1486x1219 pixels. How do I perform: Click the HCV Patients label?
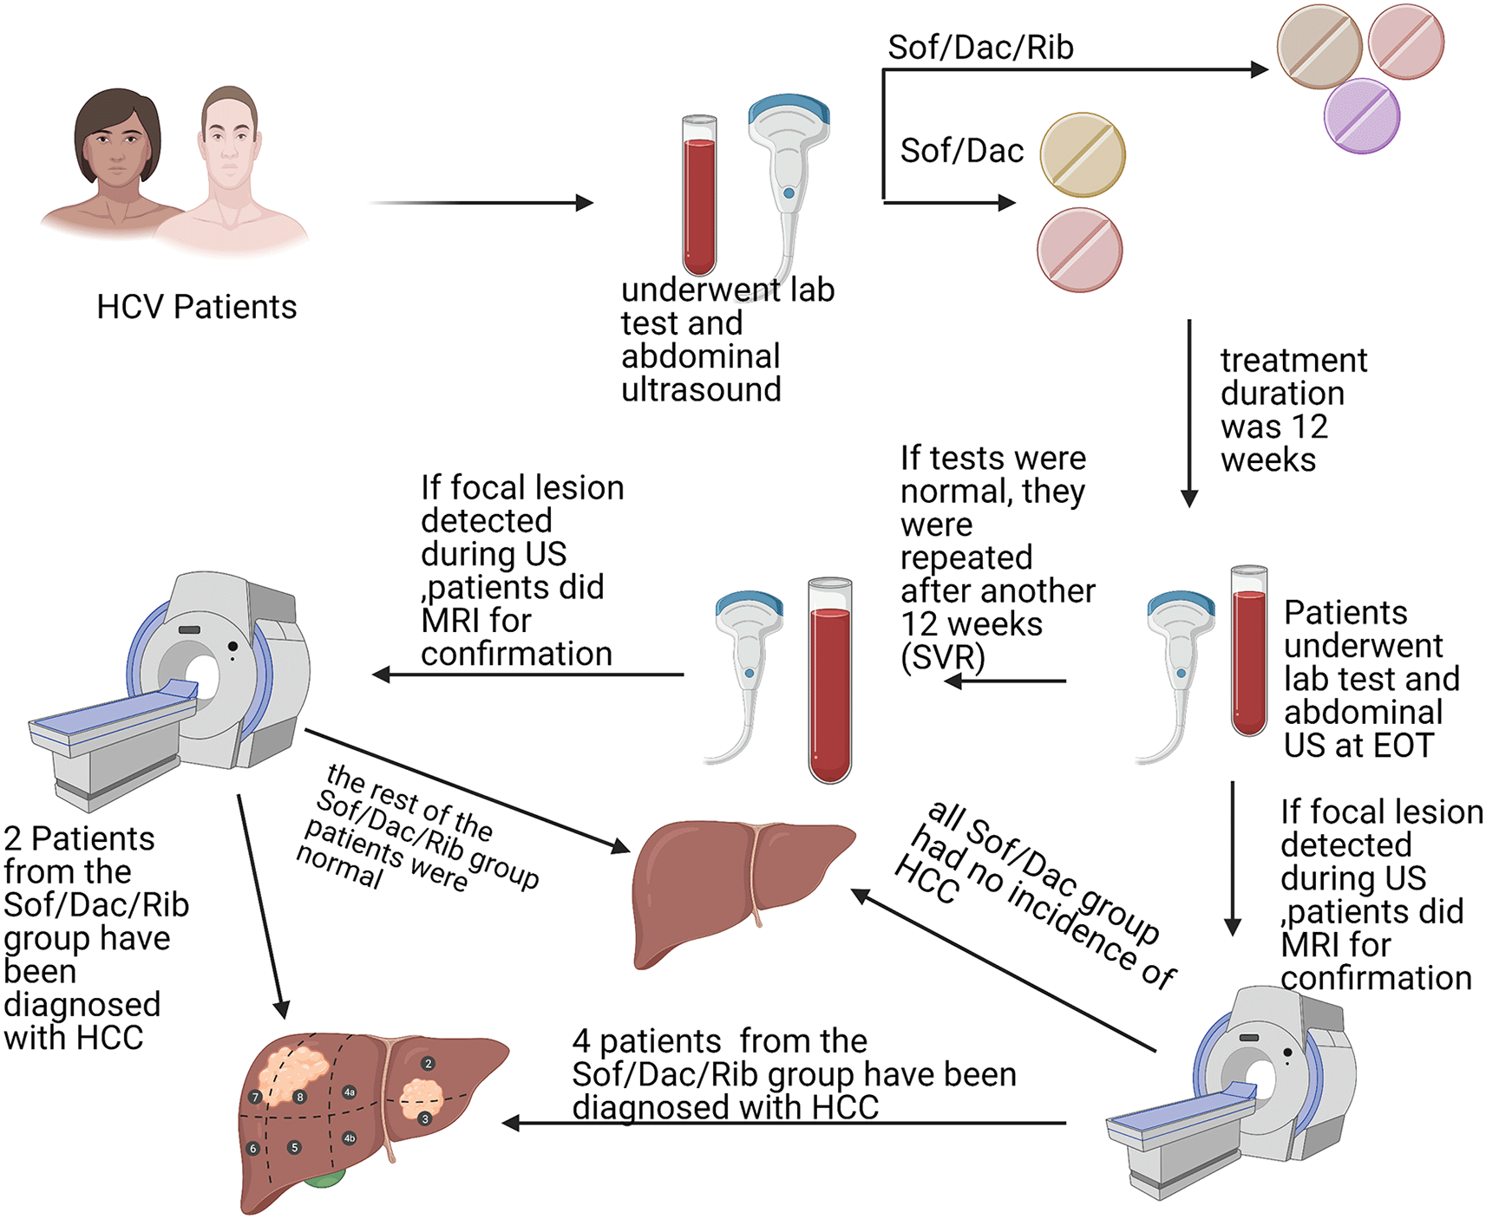click(196, 307)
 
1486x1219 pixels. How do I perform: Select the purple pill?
click(1361, 116)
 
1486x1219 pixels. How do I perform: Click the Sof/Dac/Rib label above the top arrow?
click(980, 47)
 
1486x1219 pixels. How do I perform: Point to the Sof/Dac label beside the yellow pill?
click(961, 151)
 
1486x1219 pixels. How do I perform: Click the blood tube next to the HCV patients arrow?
click(699, 196)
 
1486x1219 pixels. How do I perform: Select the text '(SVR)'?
click(942, 657)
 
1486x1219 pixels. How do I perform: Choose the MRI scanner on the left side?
click(173, 685)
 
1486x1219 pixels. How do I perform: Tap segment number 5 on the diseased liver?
click(295, 1147)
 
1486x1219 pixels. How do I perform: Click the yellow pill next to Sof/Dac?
click(1082, 155)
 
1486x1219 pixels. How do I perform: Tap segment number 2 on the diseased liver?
click(428, 1063)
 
